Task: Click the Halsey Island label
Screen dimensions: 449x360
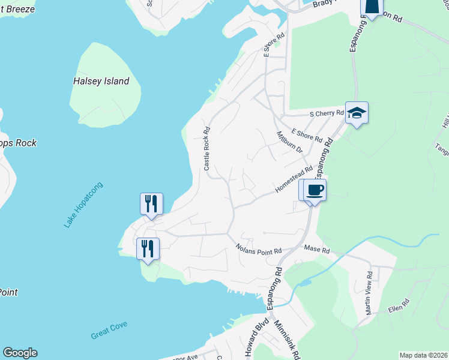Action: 101,81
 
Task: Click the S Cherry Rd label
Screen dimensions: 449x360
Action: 327,113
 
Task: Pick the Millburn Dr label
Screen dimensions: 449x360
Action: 289,143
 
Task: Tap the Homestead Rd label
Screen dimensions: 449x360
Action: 294,179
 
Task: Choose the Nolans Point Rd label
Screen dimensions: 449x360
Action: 259,247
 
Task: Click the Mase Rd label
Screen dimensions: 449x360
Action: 317,249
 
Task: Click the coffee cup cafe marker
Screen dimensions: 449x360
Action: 315,190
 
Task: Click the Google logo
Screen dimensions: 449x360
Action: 20,353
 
